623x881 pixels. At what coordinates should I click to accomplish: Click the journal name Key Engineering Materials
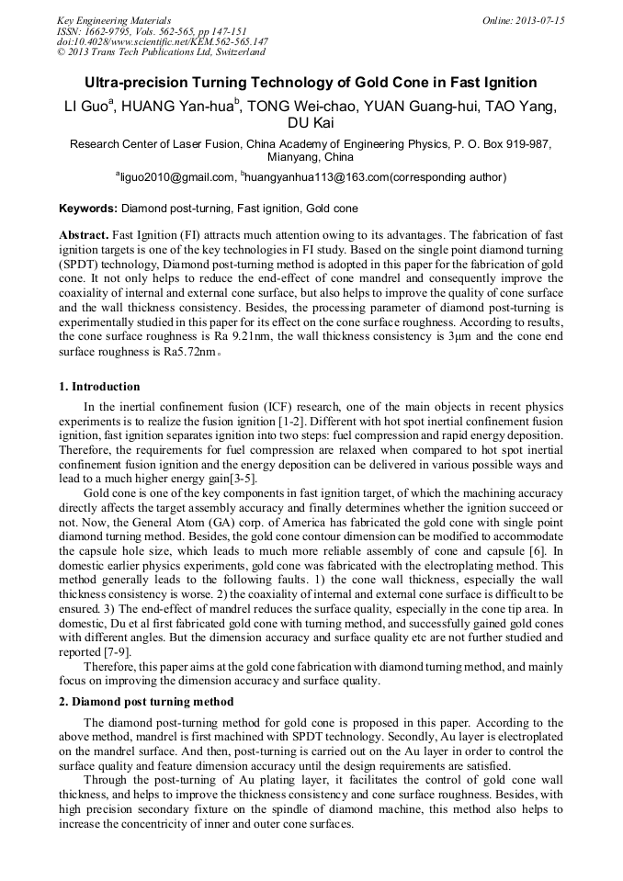[113, 20]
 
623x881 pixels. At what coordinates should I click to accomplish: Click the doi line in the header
[163, 41]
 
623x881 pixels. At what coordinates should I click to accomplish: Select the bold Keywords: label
[88, 209]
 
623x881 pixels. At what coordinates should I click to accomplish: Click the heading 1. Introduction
[99, 387]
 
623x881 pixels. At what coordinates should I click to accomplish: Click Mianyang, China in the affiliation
[311, 157]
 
